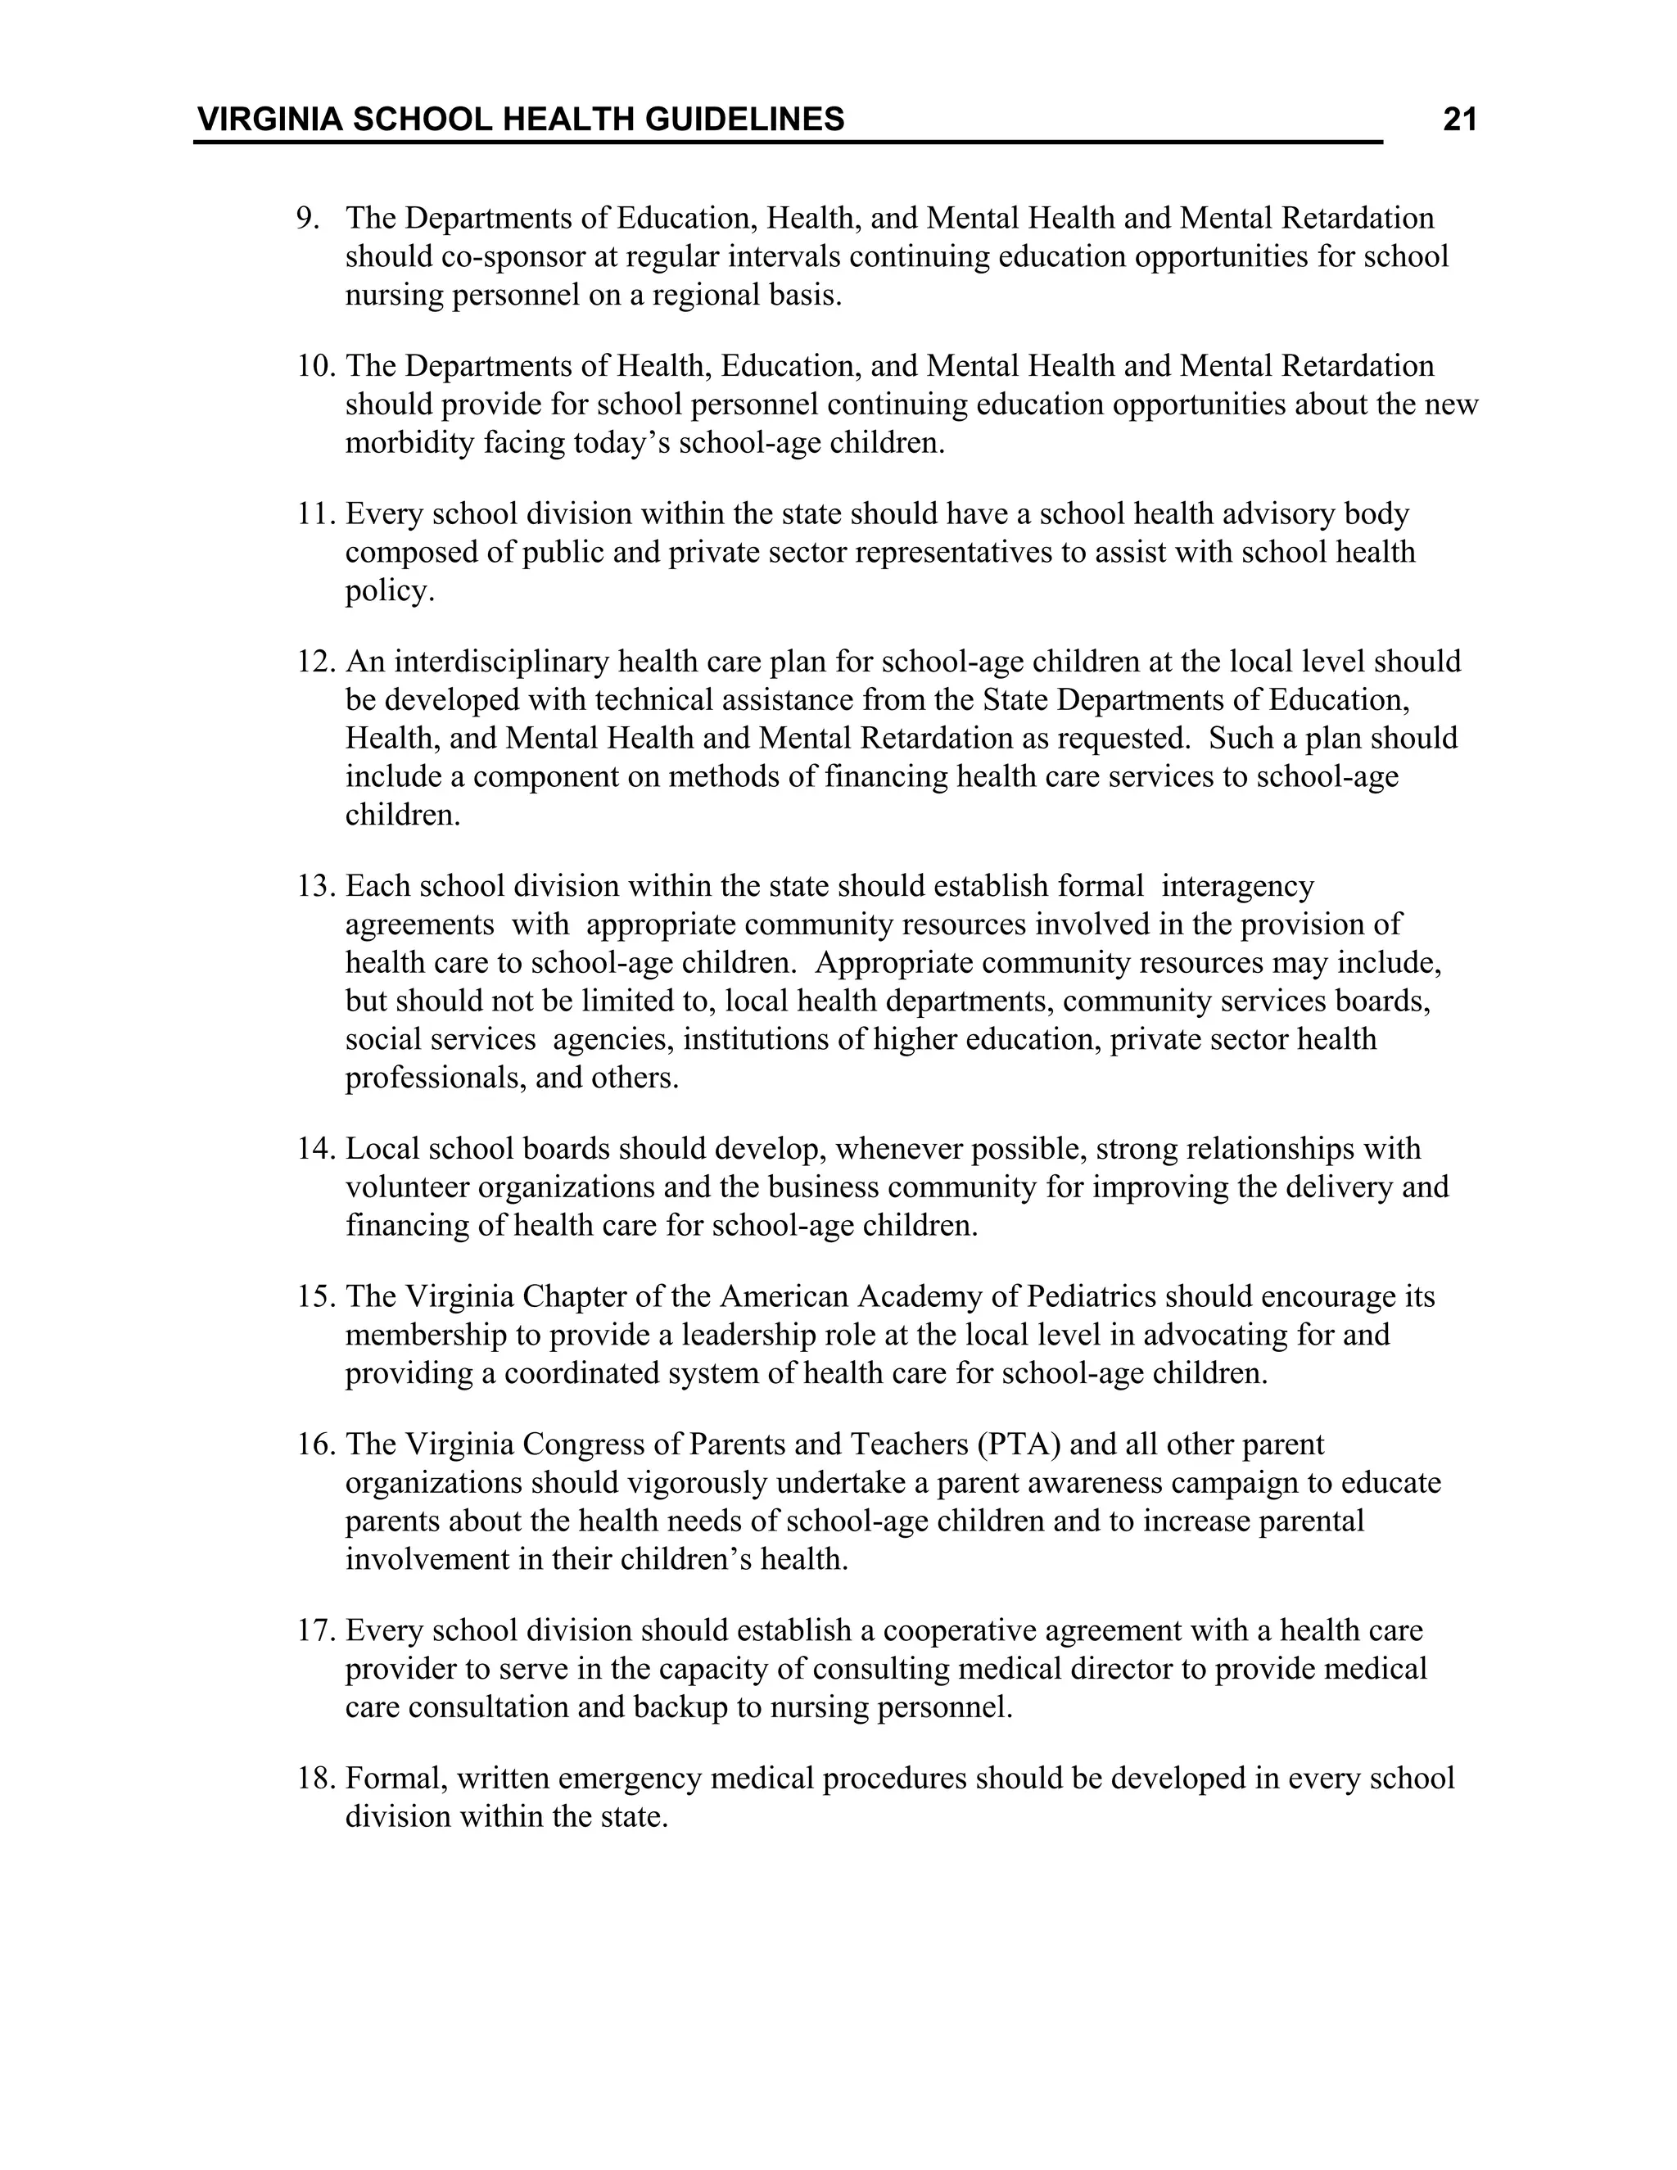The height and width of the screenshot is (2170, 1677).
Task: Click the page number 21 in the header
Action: (x=1459, y=120)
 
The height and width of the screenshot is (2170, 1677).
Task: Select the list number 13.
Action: (x=317, y=886)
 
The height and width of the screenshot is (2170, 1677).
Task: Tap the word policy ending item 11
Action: (x=388, y=592)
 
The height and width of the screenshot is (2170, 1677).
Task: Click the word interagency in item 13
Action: (x=1237, y=886)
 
